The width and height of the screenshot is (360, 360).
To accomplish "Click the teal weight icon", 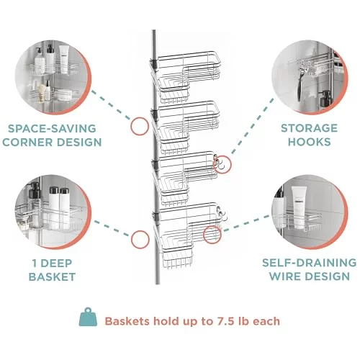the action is point(88,318).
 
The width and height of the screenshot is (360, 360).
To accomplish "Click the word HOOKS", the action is point(310,142).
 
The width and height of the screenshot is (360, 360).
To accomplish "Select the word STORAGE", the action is point(310,128).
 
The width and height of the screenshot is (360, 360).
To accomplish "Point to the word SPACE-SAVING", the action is point(52,128).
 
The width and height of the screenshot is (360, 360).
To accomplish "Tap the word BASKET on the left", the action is point(52,277).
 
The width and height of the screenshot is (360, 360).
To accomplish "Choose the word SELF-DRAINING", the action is point(310,263).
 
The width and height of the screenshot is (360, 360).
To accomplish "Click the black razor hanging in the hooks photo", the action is point(300,85).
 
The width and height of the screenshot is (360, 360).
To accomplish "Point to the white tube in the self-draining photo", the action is point(299,207).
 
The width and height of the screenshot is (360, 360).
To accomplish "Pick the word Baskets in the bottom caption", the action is point(127,321).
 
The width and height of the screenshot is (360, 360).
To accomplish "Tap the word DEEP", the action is point(56,264).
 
